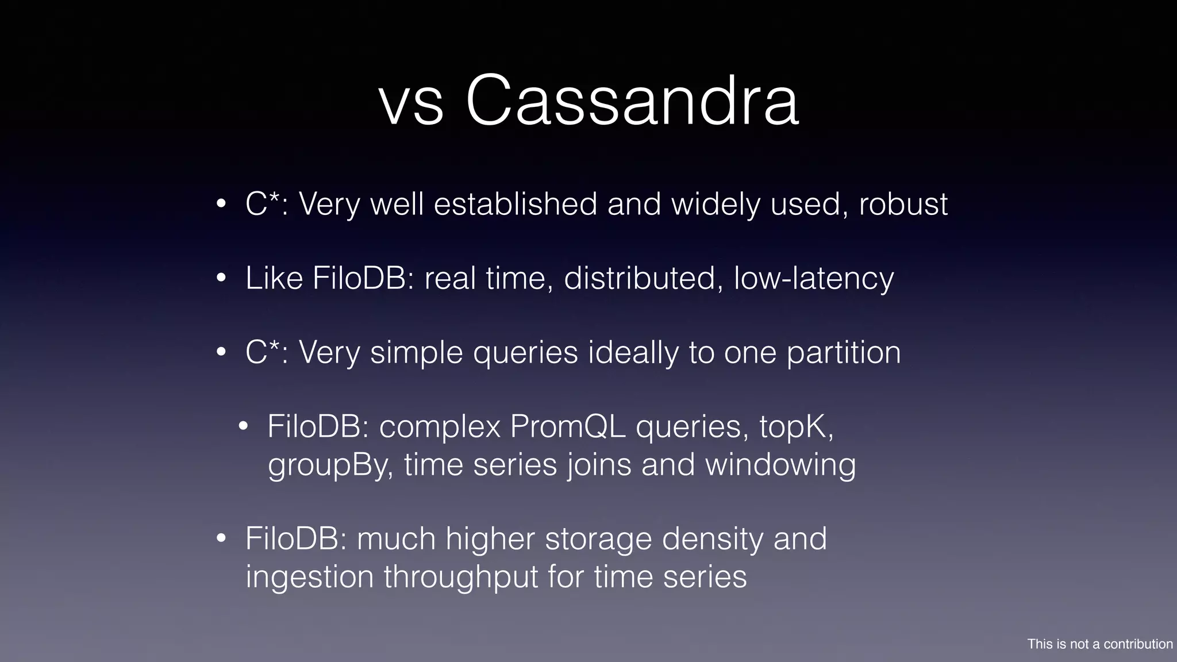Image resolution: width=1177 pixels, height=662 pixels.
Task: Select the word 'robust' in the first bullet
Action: point(903,204)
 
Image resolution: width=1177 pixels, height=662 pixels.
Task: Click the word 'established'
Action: point(516,204)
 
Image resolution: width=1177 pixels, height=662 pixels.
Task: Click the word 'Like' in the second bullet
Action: point(274,278)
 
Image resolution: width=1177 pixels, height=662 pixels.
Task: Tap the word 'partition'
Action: point(844,353)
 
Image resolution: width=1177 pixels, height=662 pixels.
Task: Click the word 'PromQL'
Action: point(568,427)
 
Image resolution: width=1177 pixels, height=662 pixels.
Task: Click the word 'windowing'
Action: point(780,465)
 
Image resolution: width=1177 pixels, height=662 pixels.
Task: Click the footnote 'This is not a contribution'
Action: point(1100,644)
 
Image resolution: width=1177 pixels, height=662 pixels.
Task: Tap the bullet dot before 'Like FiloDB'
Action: point(221,279)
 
